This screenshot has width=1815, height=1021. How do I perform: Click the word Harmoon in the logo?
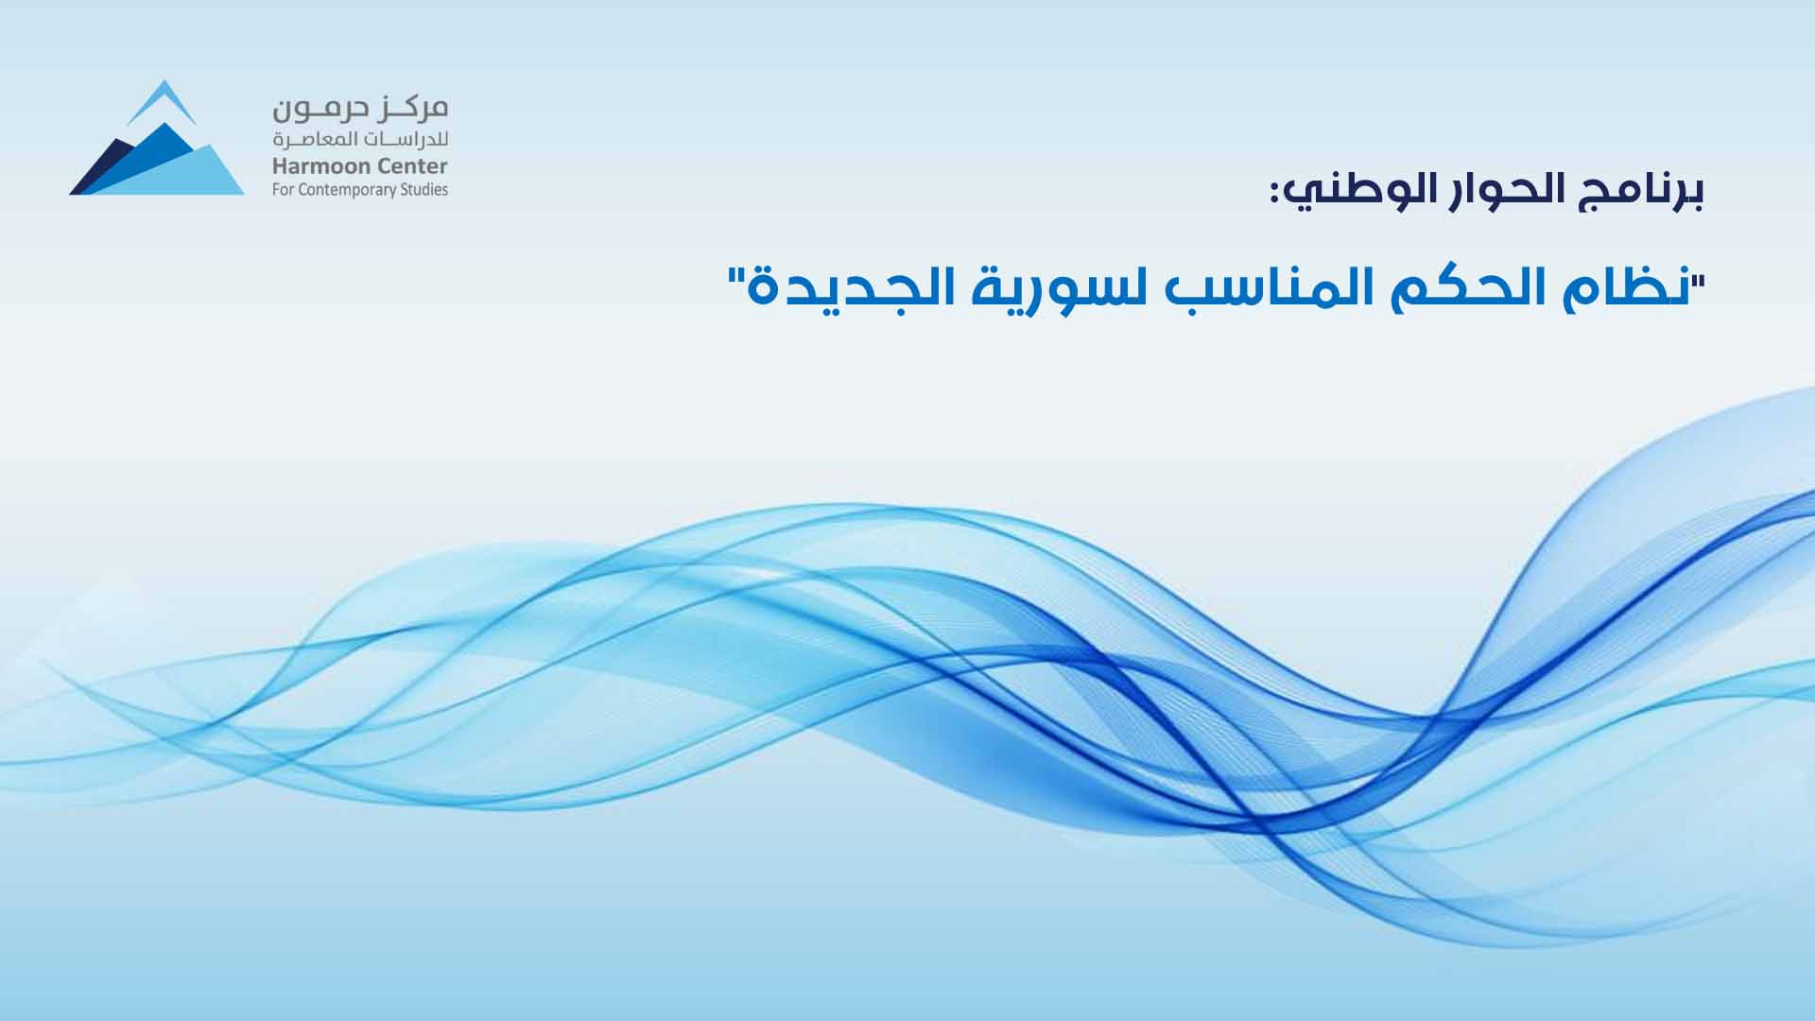click(x=316, y=167)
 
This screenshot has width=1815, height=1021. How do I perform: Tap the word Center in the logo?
click(x=406, y=167)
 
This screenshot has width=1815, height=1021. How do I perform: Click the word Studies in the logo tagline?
click(x=427, y=189)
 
